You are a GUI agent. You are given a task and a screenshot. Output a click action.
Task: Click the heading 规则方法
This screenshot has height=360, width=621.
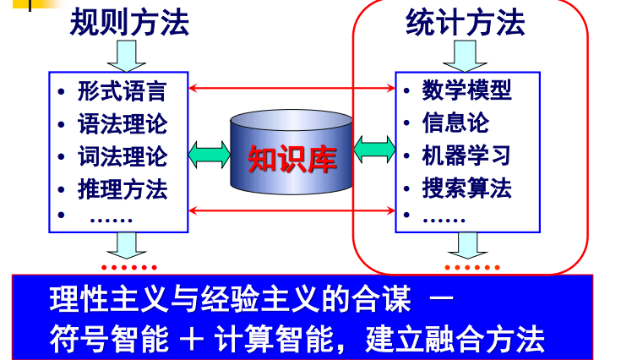click(x=128, y=22)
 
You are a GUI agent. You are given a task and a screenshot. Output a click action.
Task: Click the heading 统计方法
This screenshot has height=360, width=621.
click(x=466, y=22)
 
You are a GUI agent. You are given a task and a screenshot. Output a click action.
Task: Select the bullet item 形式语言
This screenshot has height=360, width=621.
click(x=123, y=90)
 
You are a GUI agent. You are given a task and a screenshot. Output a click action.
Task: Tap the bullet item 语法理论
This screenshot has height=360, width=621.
click(x=123, y=123)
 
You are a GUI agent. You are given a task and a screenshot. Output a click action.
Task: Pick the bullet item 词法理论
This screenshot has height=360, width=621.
click(x=123, y=156)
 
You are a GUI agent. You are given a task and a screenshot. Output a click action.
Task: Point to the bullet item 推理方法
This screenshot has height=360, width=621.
click(x=123, y=188)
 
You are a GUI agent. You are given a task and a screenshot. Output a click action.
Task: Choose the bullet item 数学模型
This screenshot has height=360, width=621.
click(x=466, y=89)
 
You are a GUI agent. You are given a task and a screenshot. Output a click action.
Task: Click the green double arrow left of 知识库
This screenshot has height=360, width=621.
click(x=209, y=153)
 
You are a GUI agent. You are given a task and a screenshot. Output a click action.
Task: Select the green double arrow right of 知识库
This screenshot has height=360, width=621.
click(x=374, y=151)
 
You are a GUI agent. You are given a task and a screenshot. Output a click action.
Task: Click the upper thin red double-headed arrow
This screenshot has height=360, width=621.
click(x=292, y=87)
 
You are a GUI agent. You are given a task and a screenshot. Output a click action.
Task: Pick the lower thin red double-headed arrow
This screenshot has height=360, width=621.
click(x=292, y=210)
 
